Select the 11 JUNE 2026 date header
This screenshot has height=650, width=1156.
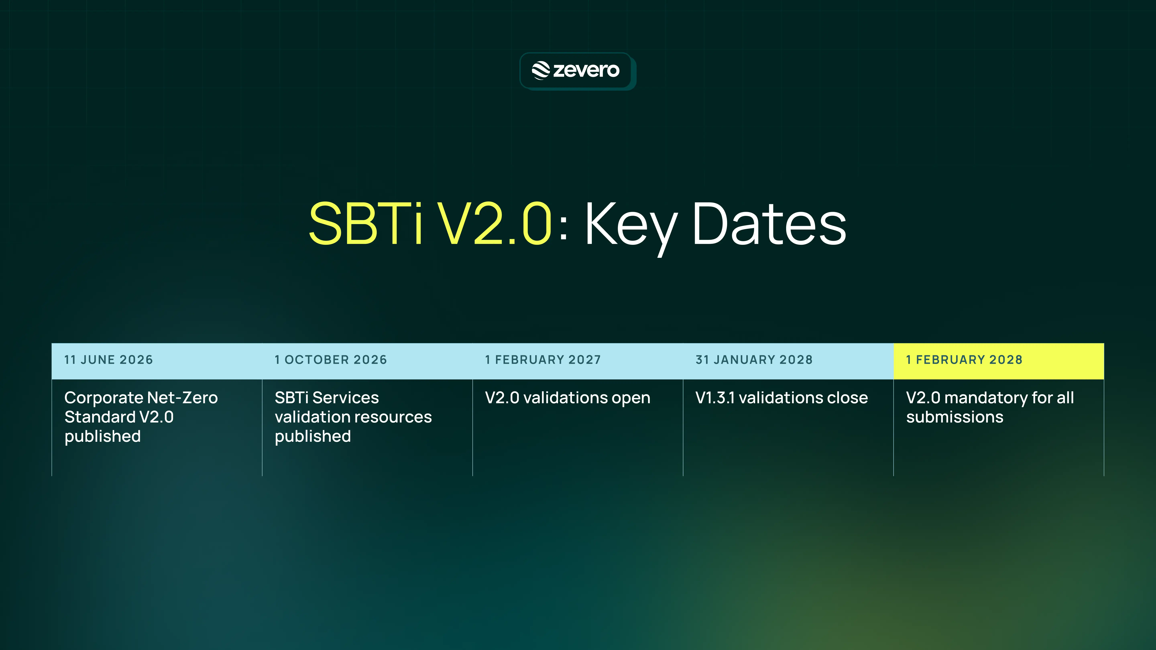pyautogui.click(x=109, y=360)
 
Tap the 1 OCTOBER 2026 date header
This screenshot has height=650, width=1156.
pyautogui.click(x=331, y=360)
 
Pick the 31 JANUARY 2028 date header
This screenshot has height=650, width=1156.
pyautogui.click(x=754, y=360)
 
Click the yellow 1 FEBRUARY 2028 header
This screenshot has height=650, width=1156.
pyautogui.click(x=964, y=360)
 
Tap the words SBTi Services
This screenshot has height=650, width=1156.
pyautogui.click(x=327, y=398)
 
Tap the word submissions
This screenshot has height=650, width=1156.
pyautogui.click(x=955, y=417)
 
